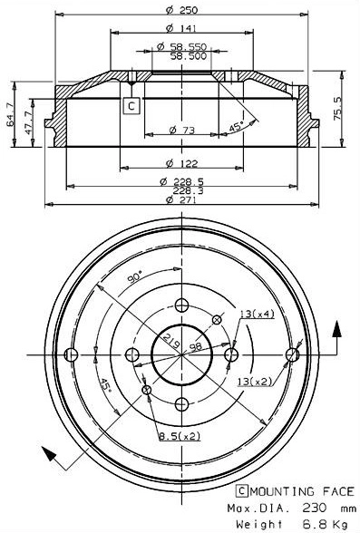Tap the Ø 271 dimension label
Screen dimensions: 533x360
[183, 199]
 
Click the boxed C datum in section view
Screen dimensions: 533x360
[131, 107]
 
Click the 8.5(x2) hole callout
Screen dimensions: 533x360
[181, 437]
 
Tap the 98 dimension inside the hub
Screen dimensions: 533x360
[194, 347]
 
